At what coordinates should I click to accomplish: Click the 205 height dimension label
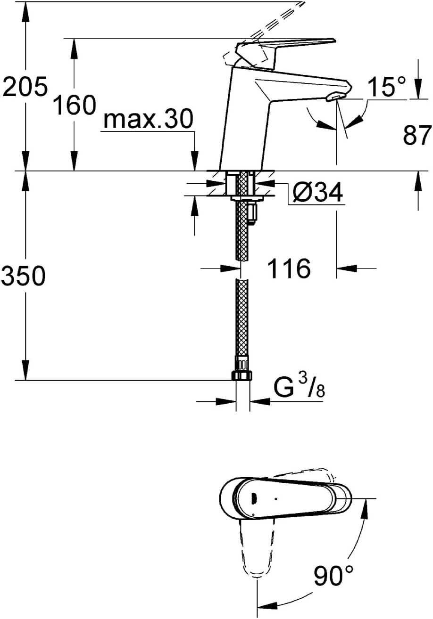25,87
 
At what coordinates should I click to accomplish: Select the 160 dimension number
75,105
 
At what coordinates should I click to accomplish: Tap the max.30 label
148,119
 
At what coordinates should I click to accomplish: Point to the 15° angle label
387,86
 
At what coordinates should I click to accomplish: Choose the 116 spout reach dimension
290,268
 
